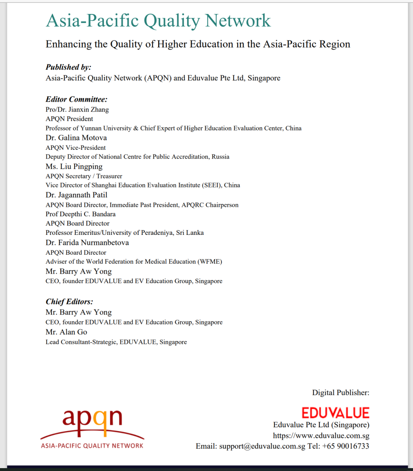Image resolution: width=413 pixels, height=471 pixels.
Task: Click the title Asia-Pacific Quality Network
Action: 158,20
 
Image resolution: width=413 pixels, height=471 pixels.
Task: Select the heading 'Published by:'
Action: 68,67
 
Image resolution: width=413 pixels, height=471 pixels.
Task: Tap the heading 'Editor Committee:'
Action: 76,99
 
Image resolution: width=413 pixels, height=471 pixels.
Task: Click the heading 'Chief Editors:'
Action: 69,302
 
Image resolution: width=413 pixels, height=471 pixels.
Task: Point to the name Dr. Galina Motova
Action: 76,138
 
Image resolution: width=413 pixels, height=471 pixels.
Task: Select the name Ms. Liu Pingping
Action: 74,166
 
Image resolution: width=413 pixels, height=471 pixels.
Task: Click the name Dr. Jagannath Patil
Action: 76,195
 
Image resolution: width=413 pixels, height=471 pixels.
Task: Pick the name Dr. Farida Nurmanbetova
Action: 87,243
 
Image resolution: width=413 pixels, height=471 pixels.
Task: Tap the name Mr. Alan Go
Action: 66,332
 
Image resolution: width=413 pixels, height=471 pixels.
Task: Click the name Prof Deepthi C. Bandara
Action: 80,214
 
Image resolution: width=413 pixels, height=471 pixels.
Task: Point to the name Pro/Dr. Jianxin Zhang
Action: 77,109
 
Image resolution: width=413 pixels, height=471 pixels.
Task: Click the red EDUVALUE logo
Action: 335,413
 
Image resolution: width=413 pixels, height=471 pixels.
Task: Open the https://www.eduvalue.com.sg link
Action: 321,435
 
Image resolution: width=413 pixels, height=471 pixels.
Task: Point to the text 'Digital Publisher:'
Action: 340,393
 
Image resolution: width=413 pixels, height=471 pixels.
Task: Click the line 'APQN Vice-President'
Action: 76,147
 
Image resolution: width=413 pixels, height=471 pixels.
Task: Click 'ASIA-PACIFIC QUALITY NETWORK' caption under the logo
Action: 92,446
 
